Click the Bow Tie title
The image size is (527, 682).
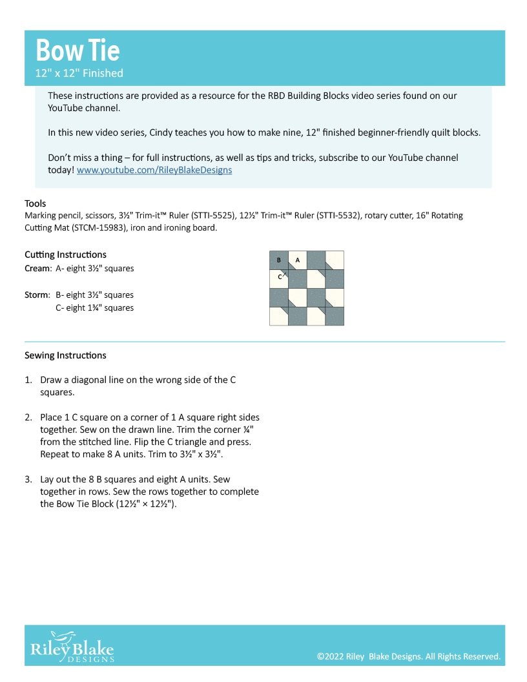click(77, 50)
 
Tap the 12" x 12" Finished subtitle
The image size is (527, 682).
click(79, 73)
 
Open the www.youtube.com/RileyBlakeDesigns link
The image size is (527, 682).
click(154, 170)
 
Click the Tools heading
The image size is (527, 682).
click(35, 203)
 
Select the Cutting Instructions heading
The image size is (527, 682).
click(65, 254)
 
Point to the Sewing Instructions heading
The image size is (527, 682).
click(65, 355)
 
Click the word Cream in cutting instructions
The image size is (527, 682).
click(37, 268)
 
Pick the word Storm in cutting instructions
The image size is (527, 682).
click(36, 295)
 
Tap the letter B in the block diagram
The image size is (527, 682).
click(278, 260)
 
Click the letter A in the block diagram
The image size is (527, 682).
click(298, 260)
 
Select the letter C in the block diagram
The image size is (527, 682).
click(280, 276)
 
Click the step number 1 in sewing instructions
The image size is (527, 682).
click(28, 380)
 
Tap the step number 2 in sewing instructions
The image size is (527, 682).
click(28, 417)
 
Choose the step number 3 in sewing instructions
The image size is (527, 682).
click(28, 479)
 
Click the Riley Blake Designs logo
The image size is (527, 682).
click(72, 646)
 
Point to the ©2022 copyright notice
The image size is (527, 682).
click(408, 656)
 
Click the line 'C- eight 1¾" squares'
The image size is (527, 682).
click(94, 308)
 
